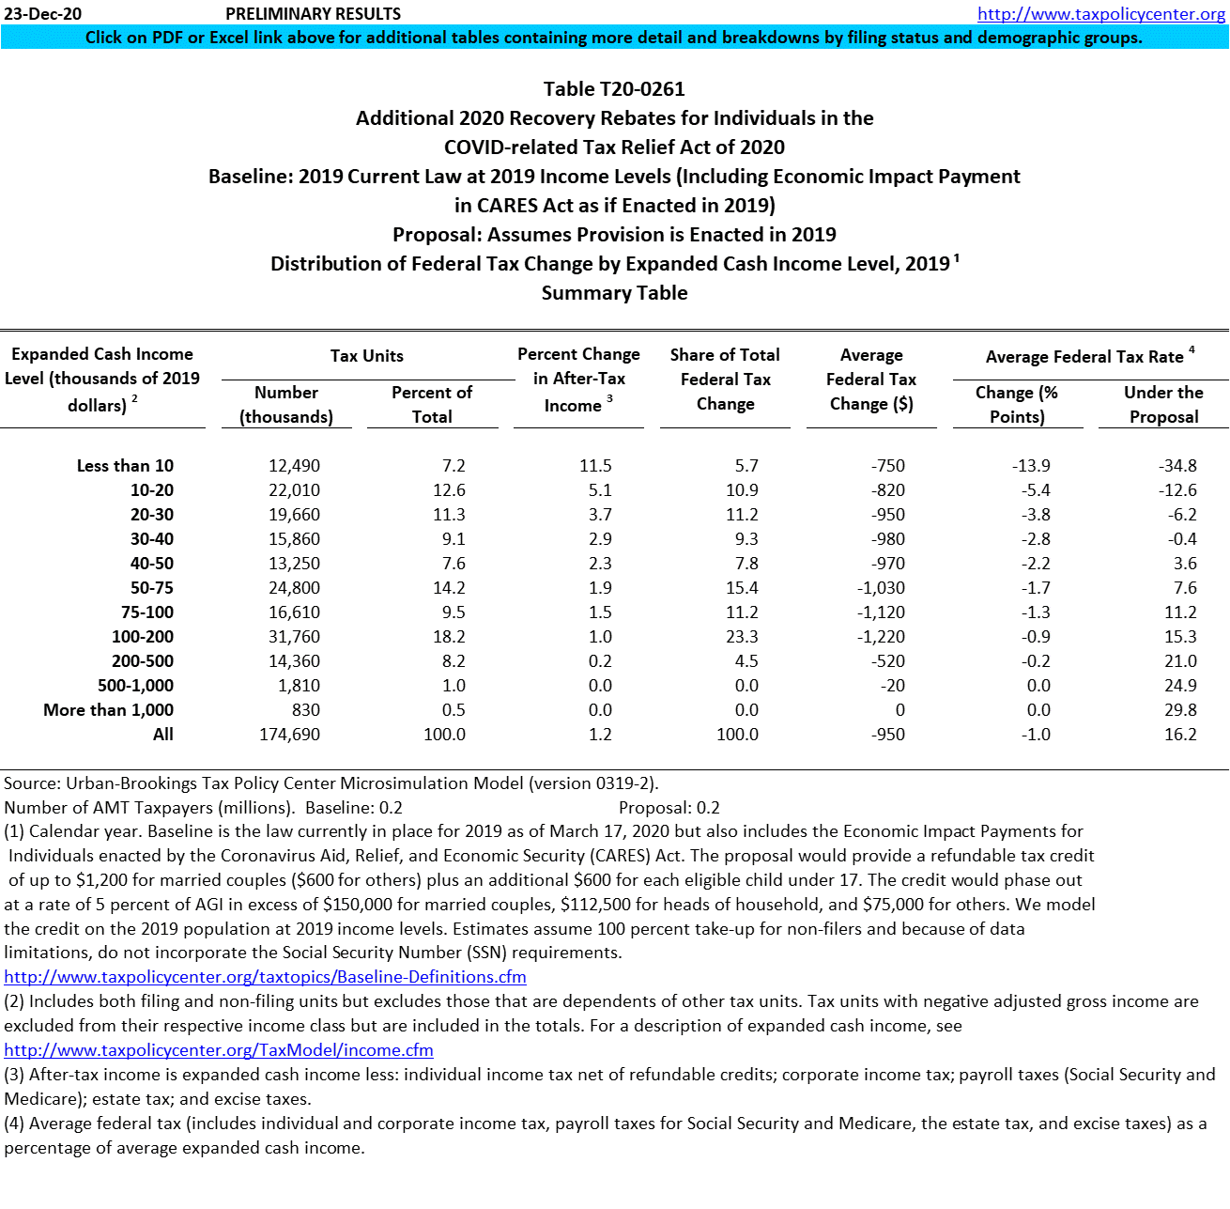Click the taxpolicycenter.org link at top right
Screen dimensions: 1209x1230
coord(1100,14)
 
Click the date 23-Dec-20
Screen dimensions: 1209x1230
coord(43,14)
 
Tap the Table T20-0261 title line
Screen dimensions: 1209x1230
coord(614,89)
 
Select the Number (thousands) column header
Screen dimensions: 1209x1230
coord(286,405)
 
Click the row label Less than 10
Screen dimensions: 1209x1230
coord(125,466)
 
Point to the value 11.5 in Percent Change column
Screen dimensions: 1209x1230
coord(595,466)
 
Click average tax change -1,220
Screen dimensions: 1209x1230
coord(881,637)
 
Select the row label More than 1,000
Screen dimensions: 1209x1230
coord(108,710)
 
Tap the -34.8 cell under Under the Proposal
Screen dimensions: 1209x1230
coord(1177,466)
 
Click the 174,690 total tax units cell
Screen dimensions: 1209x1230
coord(289,735)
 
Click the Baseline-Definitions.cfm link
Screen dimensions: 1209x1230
coord(265,977)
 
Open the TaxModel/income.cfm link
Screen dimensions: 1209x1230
coord(219,1050)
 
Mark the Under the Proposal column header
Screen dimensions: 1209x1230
coord(1163,405)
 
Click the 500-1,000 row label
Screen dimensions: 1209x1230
coord(135,686)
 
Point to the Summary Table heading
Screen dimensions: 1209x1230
coord(614,293)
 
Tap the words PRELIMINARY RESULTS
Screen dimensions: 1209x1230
coord(314,14)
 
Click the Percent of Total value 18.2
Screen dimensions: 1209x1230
coord(447,637)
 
